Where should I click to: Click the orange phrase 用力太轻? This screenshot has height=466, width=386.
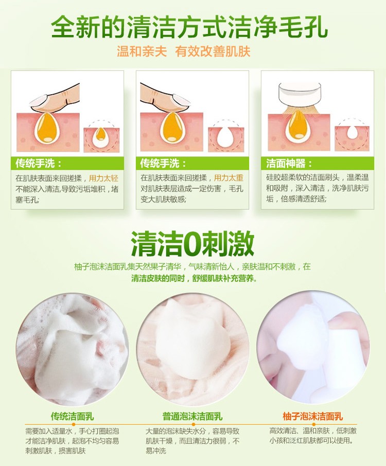(x=103, y=178)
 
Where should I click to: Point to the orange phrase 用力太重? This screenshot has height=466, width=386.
(x=229, y=178)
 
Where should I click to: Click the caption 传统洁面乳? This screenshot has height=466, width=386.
(x=71, y=416)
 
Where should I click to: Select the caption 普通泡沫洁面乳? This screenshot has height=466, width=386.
(x=192, y=416)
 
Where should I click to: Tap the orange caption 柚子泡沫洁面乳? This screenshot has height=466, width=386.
(x=312, y=416)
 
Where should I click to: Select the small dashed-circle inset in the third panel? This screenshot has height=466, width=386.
(x=352, y=134)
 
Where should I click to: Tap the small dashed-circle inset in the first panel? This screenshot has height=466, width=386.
(x=100, y=135)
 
